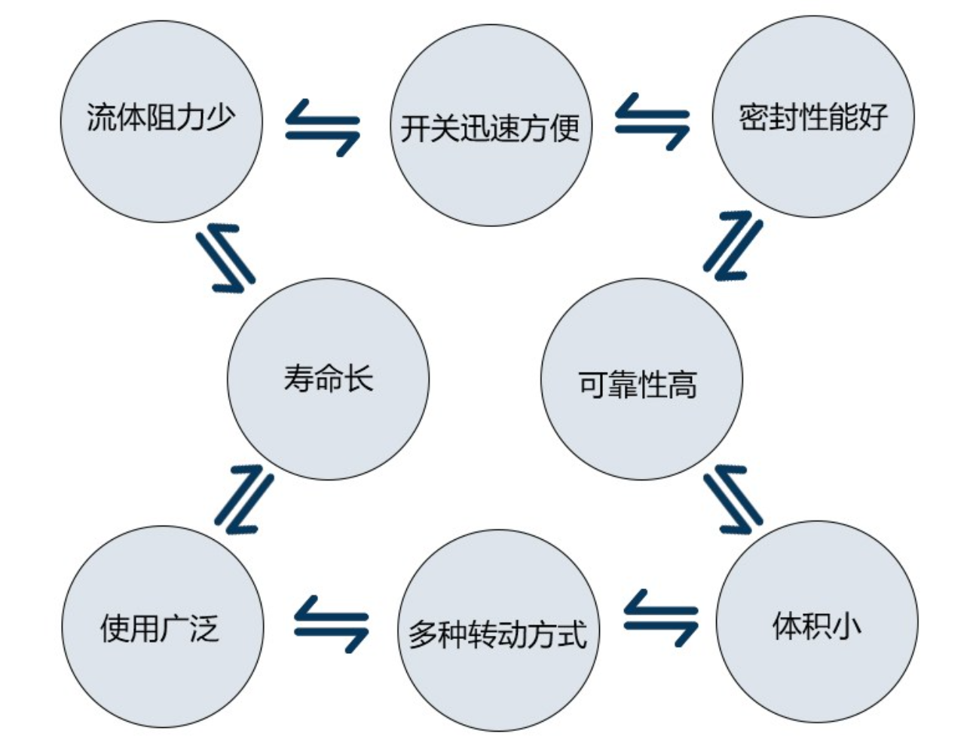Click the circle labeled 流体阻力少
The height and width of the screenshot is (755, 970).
tap(161, 121)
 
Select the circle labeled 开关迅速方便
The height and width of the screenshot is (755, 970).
tap(491, 125)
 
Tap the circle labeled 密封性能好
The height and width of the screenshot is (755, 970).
tap(813, 117)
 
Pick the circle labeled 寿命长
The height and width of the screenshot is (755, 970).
tap(328, 379)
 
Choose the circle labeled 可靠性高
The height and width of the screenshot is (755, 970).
tap(641, 379)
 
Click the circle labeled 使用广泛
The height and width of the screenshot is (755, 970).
tap(162, 626)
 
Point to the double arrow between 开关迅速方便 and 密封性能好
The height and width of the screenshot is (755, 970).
tap(653, 121)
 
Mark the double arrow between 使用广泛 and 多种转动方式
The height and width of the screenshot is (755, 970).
tap(331, 624)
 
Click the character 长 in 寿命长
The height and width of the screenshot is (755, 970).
tap(359, 378)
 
